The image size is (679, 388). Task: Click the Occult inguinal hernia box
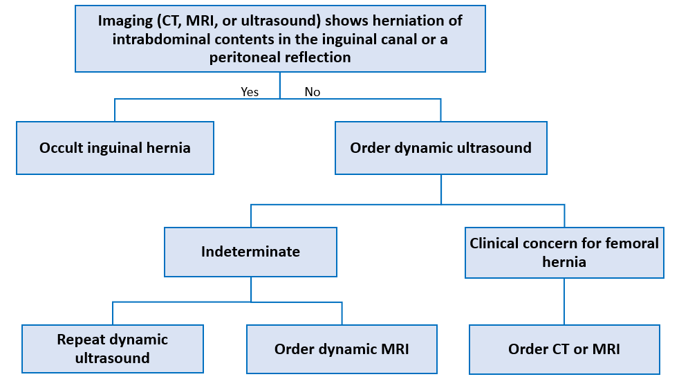pyautogui.click(x=115, y=148)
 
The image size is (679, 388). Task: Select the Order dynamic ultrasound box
pyautogui.click(x=441, y=148)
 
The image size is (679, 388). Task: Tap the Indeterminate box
pyautogui.click(x=250, y=252)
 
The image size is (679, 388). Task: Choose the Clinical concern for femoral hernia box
pyautogui.click(x=564, y=252)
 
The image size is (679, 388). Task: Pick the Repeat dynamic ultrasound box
pyautogui.click(x=113, y=349)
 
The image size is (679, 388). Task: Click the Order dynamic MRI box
pyautogui.click(x=342, y=349)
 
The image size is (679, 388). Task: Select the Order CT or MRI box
pyautogui.click(x=564, y=349)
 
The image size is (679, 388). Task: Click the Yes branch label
pyautogui.click(x=250, y=92)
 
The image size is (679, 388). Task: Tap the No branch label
pyautogui.click(x=313, y=92)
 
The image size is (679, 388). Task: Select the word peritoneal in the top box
pyautogui.click(x=245, y=57)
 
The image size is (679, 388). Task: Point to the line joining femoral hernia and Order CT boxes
pyautogui.click(x=564, y=302)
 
